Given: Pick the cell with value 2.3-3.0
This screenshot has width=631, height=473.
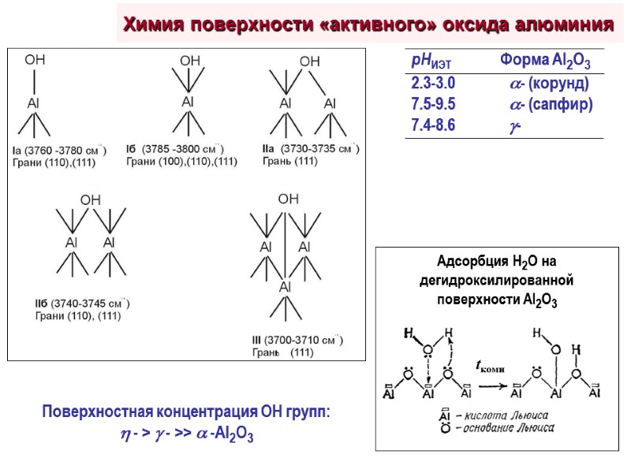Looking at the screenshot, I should tap(433, 84).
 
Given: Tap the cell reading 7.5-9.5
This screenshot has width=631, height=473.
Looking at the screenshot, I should tap(433, 104).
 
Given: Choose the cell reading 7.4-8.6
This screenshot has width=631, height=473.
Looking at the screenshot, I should tap(433, 125).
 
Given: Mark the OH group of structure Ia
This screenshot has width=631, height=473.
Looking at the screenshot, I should tap(35, 59).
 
